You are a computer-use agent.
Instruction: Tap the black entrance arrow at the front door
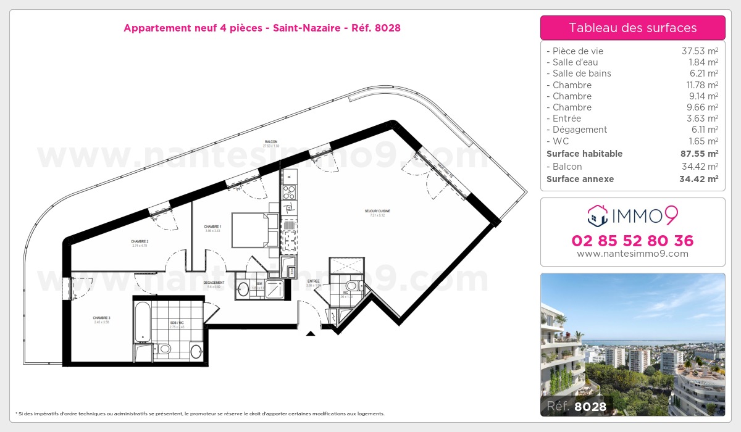311,333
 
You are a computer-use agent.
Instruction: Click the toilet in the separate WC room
351,286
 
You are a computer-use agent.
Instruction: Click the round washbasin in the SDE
243,289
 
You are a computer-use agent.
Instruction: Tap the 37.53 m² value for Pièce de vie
699,51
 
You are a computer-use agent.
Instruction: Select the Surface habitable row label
584,154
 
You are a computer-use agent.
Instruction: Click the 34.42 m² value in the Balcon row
699,167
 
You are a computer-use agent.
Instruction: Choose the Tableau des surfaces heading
632,28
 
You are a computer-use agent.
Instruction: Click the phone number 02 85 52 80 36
632,241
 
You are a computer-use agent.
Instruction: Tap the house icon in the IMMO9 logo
597,215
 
